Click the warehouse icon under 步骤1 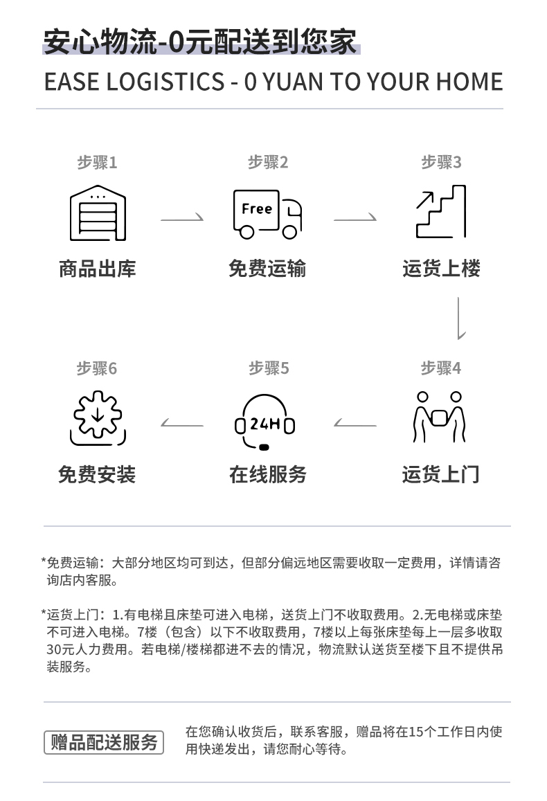[98, 213]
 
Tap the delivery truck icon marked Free [267, 214]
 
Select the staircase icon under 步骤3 [441, 211]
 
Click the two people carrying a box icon [439, 417]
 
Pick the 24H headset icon [264, 422]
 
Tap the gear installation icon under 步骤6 [98, 418]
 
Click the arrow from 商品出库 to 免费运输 [182, 218]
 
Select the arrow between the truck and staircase [355, 218]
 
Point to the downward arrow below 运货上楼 [459, 318]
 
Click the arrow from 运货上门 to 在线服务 [355, 424]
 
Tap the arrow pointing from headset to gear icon [182, 424]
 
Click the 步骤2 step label [268, 163]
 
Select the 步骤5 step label [269, 368]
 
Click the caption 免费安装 [97, 474]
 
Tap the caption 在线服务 [268, 474]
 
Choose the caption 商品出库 [98, 269]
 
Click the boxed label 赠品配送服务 [104, 742]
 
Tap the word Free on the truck [257, 209]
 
